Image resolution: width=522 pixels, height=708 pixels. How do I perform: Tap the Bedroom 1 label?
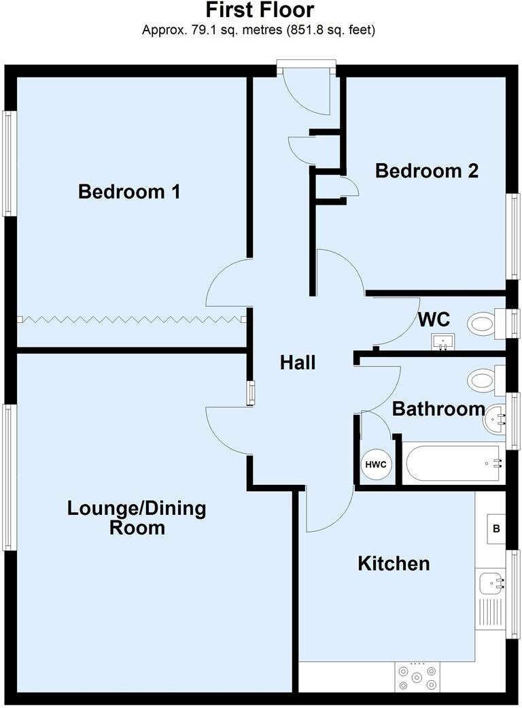pos(129,192)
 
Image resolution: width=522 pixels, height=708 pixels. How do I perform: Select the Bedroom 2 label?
pos(427,171)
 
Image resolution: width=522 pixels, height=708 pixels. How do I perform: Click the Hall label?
pos(298,363)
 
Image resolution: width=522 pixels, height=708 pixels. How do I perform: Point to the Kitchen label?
pos(394,564)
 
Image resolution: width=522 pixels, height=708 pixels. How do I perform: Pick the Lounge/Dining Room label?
pos(137,518)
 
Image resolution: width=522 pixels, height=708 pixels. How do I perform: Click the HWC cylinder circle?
pos(376,465)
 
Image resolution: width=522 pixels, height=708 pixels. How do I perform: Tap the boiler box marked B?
pos(495,528)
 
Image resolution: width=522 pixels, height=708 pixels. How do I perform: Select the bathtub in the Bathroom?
pos(453,464)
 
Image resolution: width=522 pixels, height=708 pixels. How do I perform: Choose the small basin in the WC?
pos(443,341)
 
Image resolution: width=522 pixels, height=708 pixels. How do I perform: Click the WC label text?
pos(433,320)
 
